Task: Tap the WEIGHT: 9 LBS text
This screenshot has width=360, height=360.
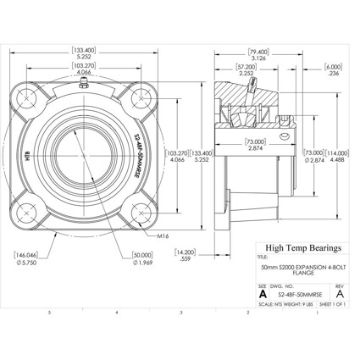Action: pos(296,303)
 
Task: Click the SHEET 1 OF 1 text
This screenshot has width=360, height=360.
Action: pos(335,303)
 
